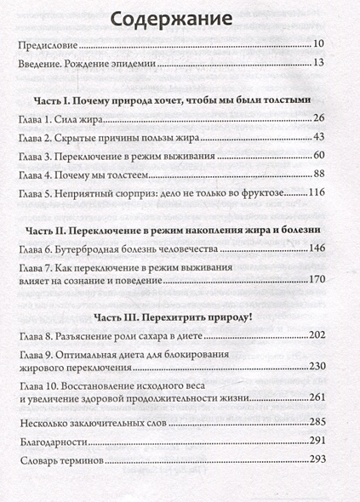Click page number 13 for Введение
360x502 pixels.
click(x=320, y=64)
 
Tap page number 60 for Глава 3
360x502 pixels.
click(x=320, y=157)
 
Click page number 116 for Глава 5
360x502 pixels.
click(x=317, y=196)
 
